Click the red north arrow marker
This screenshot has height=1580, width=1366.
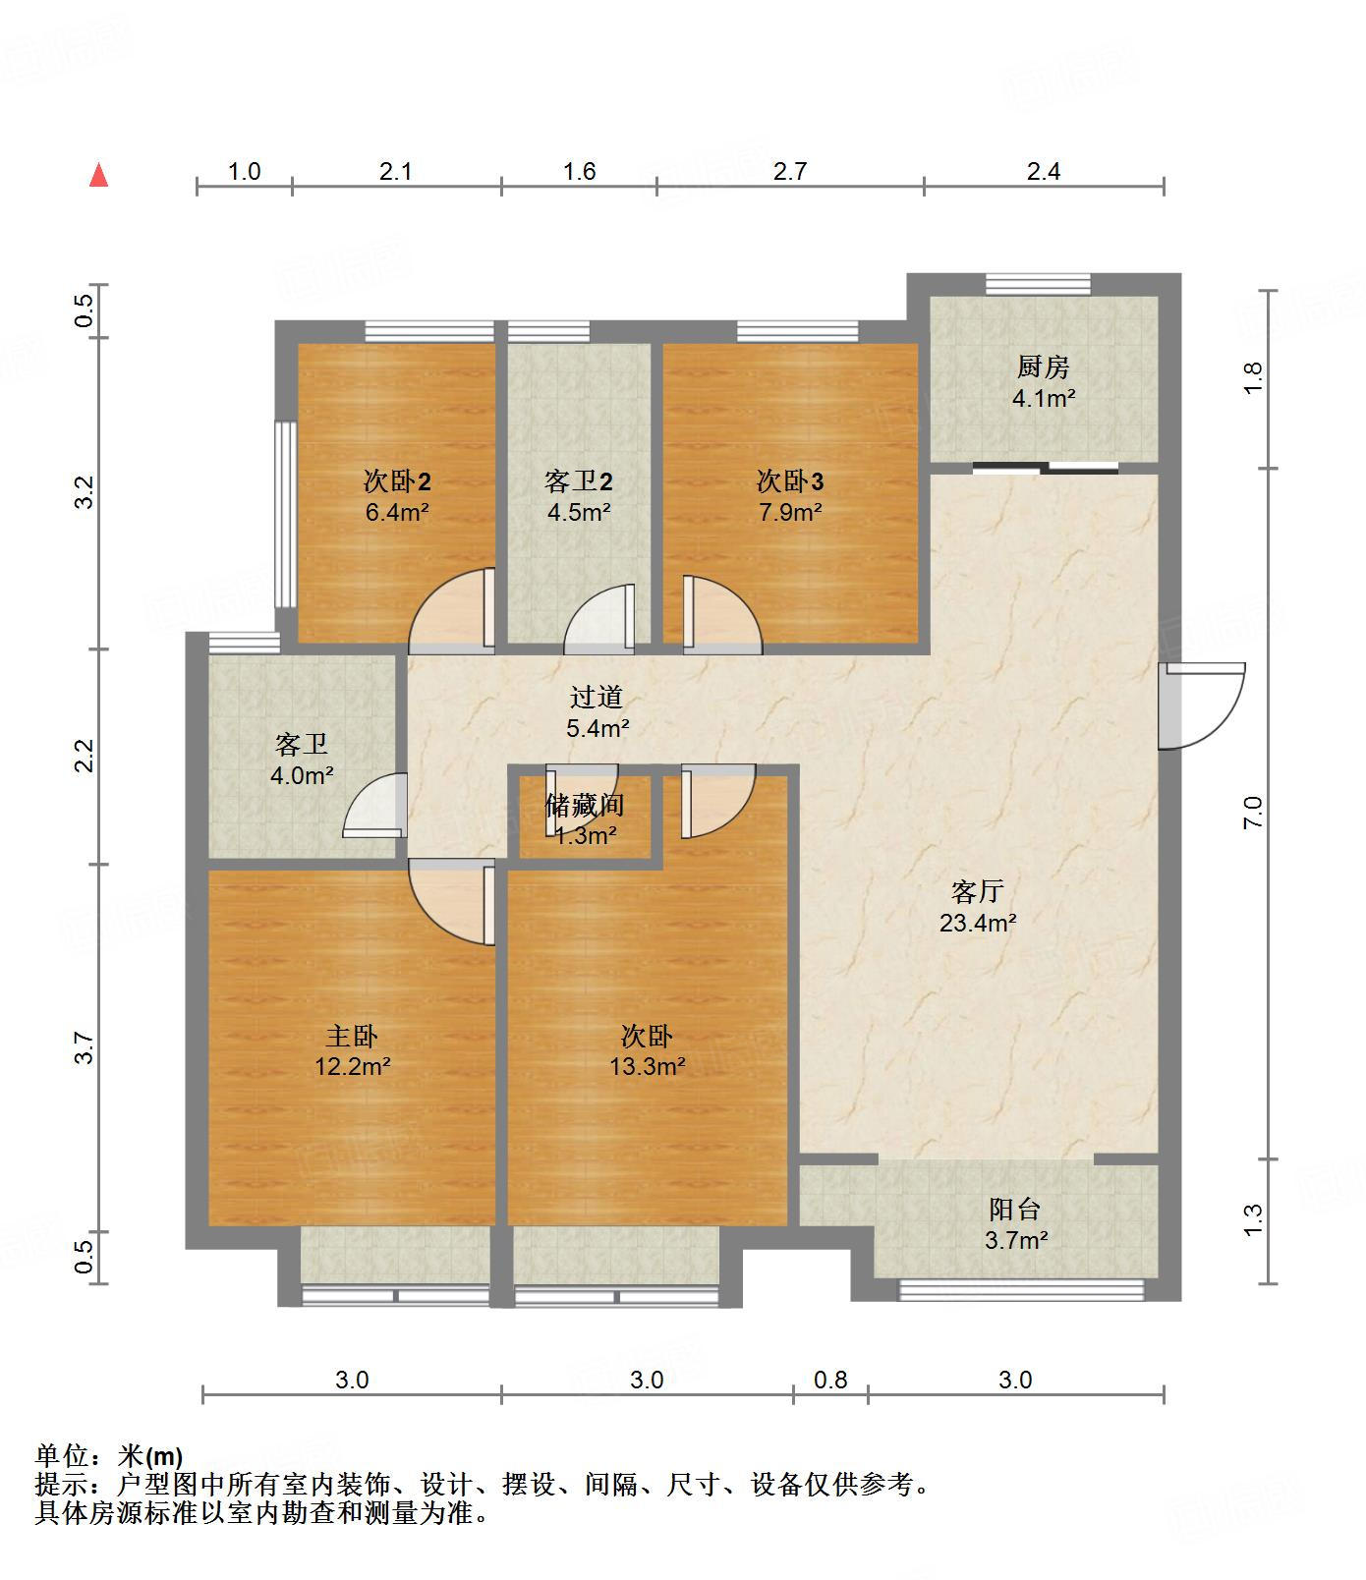pyautogui.click(x=98, y=176)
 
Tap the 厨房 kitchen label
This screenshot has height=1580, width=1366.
pyautogui.click(x=1043, y=367)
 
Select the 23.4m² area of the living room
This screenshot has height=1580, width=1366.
pyautogui.click(x=977, y=923)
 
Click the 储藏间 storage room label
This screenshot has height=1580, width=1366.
pyautogui.click(x=585, y=806)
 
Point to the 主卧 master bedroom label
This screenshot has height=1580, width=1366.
pyautogui.click(x=352, y=1036)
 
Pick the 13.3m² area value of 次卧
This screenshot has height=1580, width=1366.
pyautogui.click(x=647, y=1066)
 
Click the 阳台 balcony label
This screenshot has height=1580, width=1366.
pyautogui.click(x=1014, y=1210)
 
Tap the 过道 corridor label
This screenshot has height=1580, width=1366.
pyautogui.click(x=597, y=698)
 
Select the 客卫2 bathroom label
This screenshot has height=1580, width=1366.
pyautogui.click(x=578, y=481)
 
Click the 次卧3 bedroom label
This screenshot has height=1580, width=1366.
pyautogui.click(x=789, y=481)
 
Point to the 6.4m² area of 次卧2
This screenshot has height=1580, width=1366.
pyautogui.click(x=396, y=512)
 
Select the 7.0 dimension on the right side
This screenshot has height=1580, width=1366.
pyautogui.click(x=1252, y=813)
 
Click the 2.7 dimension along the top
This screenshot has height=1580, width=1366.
pyautogui.click(x=789, y=172)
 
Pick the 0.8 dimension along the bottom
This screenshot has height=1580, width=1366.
pyautogui.click(x=830, y=1380)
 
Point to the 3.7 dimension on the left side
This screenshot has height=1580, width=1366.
pyautogui.click(x=85, y=1047)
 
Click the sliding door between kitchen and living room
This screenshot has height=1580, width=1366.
pyautogui.click(x=1045, y=468)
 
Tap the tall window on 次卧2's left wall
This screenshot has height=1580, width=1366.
pyautogui.click(x=285, y=514)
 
